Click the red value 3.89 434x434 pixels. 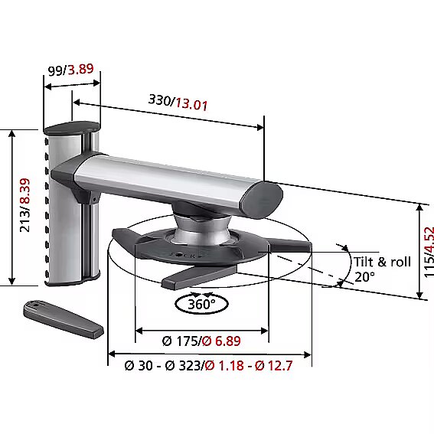pyautogui.click(x=81, y=69)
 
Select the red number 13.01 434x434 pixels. pyautogui.click(x=191, y=104)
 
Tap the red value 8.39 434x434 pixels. pyautogui.click(x=25, y=191)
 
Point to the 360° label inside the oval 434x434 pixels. pyautogui.click(x=201, y=304)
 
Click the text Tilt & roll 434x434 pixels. pyautogui.click(x=382, y=262)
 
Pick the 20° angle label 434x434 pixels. pyautogui.click(x=364, y=277)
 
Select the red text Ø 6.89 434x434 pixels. pyautogui.click(x=221, y=341)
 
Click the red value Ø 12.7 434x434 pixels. pyautogui.click(x=274, y=366)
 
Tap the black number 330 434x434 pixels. pyautogui.click(x=160, y=100)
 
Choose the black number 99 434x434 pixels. pyautogui.click(x=55, y=71)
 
